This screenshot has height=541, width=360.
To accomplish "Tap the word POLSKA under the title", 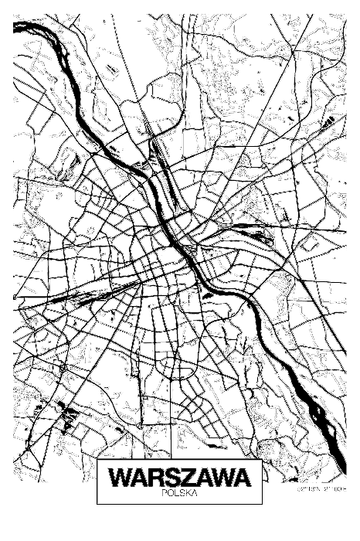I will pyautogui.click(x=181, y=492).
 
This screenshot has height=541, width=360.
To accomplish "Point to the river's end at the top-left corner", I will pyautogui.click(x=17, y=26).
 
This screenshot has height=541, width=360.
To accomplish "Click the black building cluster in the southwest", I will pyautogui.click(x=68, y=418).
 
